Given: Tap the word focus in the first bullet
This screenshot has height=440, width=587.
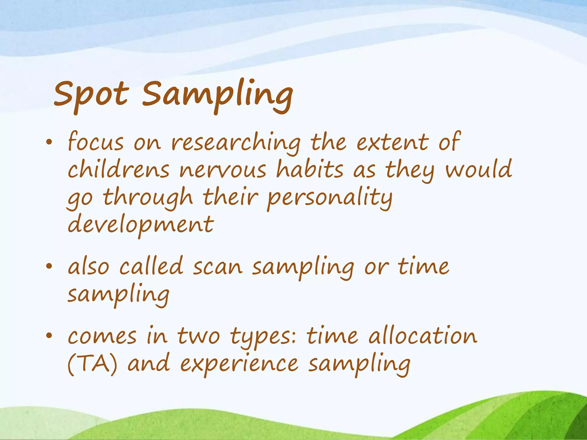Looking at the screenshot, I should (x=96, y=142).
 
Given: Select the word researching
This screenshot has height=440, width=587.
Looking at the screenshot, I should (x=236, y=143).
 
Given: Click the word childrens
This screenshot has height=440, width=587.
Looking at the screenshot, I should (x=118, y=170).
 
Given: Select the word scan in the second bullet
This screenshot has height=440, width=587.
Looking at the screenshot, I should (x=218, y=267).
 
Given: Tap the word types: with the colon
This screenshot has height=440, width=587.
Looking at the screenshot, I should (x=264, y=337).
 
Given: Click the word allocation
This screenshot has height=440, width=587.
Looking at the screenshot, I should (x=423, y=336).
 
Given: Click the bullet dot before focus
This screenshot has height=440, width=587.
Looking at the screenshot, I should (x=49, y=142).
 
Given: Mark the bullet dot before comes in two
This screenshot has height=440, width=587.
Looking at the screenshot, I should (x=49, y=336).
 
